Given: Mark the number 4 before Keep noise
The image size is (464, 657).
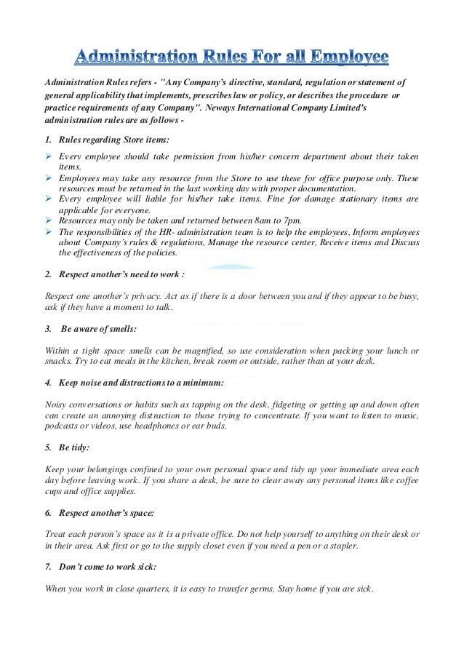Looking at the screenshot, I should pos(47,382).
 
